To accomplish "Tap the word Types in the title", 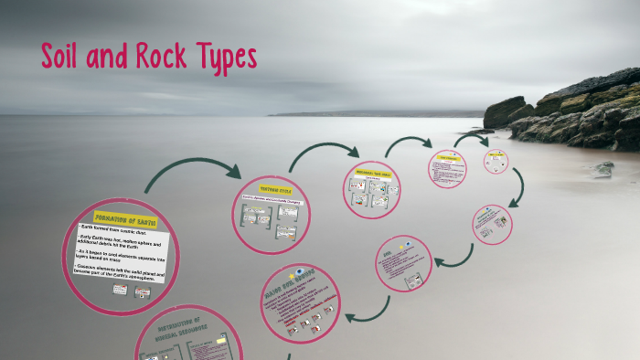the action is (225, 58).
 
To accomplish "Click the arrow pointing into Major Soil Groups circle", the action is (367, 311).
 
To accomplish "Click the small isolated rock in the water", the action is (603, 168).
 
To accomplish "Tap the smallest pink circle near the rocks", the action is (497, 162).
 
